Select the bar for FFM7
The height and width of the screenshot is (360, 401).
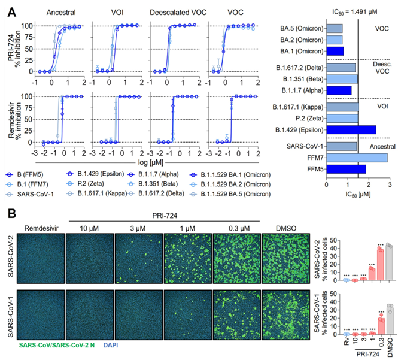coord(357,158)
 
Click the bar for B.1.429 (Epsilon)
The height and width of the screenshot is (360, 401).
coord(351,129)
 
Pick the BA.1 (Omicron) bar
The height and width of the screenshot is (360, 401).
coord(335,51)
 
